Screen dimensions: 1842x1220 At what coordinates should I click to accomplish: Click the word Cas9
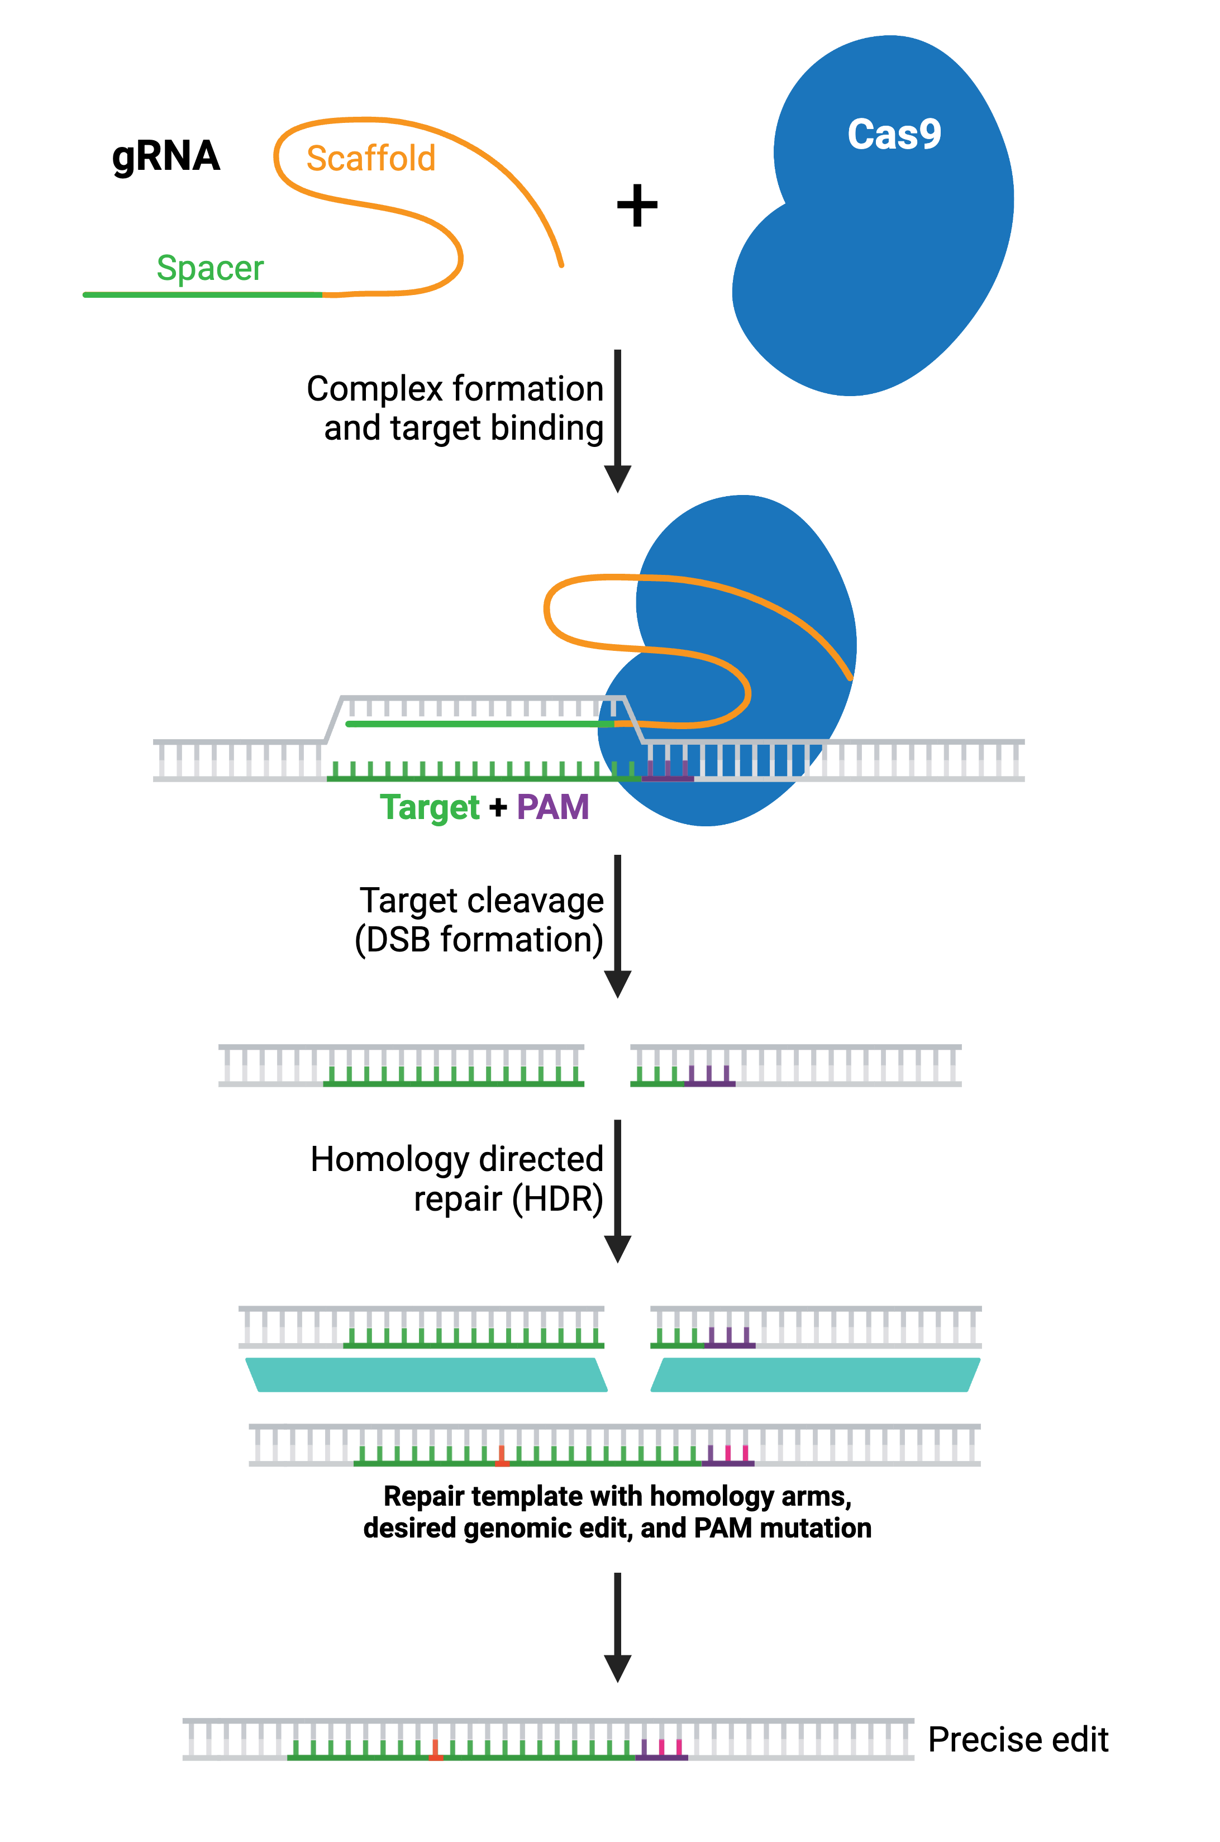pyautogui.click(x=893, y=135)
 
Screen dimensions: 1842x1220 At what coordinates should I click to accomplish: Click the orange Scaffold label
pyautogui.click(x=370, y=159)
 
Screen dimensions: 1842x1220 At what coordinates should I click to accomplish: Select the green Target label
pyautogui.click(x=430, y=807)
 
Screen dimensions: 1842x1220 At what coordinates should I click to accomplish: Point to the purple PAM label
pyautogui.click(x=552, y=807)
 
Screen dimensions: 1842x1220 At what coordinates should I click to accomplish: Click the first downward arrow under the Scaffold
pyautogui.click(x=617, y=420)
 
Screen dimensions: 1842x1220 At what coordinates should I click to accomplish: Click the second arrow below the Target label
pyautogui.click(x=617, y=926)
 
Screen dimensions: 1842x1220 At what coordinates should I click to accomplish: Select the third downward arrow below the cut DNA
pyautogui.click(x=617, y=1191)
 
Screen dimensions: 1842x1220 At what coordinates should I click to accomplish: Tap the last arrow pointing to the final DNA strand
pyautogui.click(x=617, y=1626)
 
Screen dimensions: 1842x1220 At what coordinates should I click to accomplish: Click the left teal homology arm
pyautogui.click(x=426, y=1374)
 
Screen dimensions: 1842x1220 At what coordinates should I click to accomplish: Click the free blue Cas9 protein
pyautogui.click(x=871, y=257)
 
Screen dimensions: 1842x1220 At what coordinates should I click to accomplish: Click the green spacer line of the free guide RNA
pyautogui.click(x=202, y=295)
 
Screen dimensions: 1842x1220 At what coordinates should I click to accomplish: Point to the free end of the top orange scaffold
pyautogui.click(x=561, y=265)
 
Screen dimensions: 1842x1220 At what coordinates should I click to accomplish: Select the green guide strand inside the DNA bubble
pyautogui.click(x=479, y=724)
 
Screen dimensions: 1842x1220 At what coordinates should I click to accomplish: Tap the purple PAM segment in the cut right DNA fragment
pyautogui.click(x=709, y=1081)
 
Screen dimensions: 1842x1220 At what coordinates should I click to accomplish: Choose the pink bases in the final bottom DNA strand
pyautogui.click(x=670, y=1748)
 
